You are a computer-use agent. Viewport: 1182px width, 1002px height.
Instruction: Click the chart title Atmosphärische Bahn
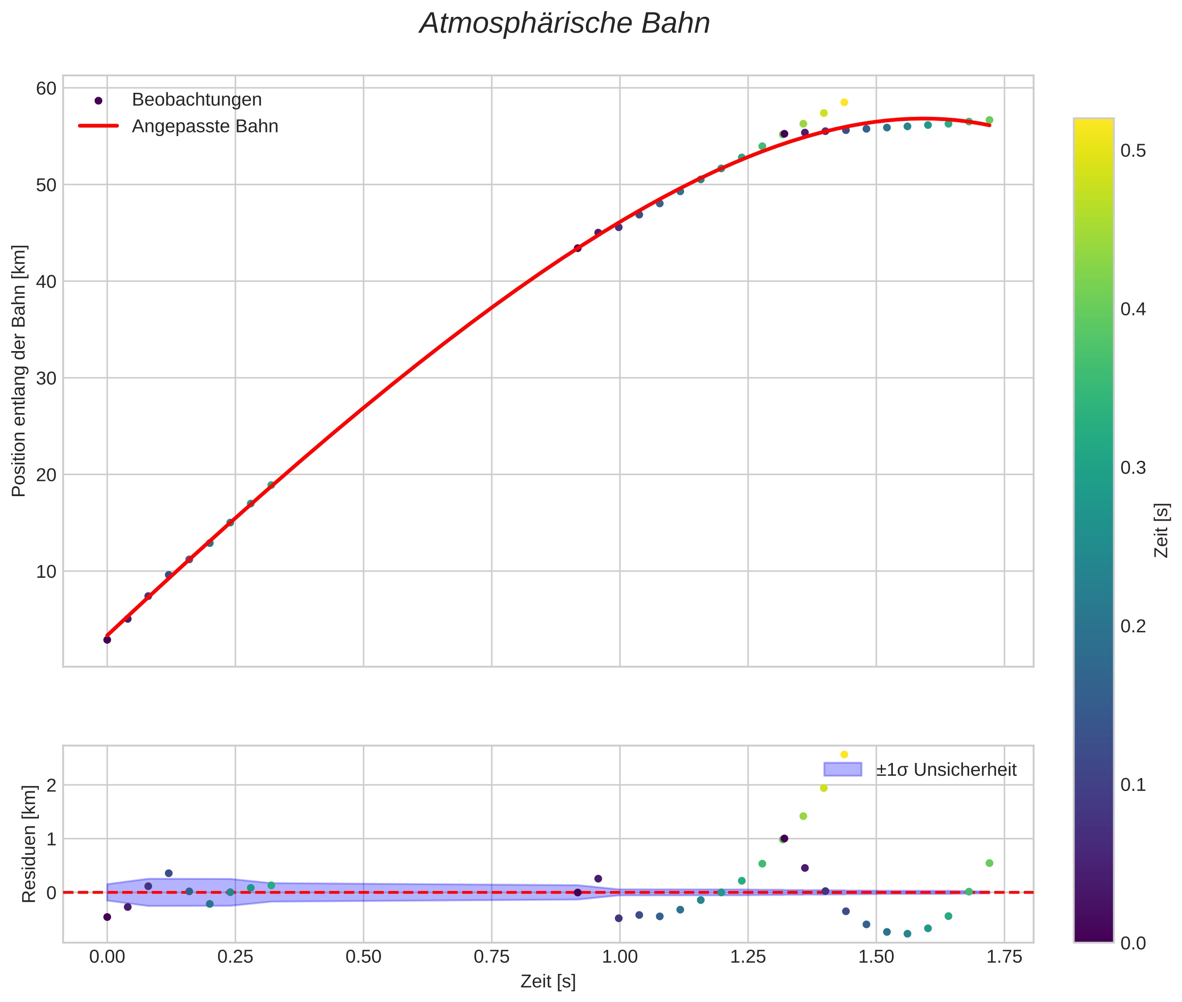[x=564, y=24]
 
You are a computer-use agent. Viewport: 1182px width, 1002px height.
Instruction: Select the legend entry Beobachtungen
[x=196, y=100]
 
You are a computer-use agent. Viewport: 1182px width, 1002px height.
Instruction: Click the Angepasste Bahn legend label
[x=205, y=126]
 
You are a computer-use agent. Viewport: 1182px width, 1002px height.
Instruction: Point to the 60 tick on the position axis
[x=46, y=89]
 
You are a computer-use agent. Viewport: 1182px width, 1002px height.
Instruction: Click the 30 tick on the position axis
[x=46, y=378]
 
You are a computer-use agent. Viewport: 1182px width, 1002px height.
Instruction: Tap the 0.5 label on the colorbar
[x=1132, y=151]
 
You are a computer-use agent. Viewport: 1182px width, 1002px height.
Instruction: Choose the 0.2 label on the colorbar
[x=1132, y=626]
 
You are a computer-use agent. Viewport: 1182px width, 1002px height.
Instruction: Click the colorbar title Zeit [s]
[x=1162, y=530]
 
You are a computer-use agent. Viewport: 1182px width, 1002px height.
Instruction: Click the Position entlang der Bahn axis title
[x=19, y=371]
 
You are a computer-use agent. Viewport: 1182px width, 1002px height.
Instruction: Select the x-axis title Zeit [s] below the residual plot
[x=547, y=981]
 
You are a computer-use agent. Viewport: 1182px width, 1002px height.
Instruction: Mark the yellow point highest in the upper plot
[x=844, y=102]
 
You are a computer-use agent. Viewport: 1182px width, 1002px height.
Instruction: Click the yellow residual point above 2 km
[x=844, y=754]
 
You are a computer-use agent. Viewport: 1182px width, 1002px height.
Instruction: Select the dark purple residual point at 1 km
[x=784, y=838]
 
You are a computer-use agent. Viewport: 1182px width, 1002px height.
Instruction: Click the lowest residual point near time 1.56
[x=907, y=934]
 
